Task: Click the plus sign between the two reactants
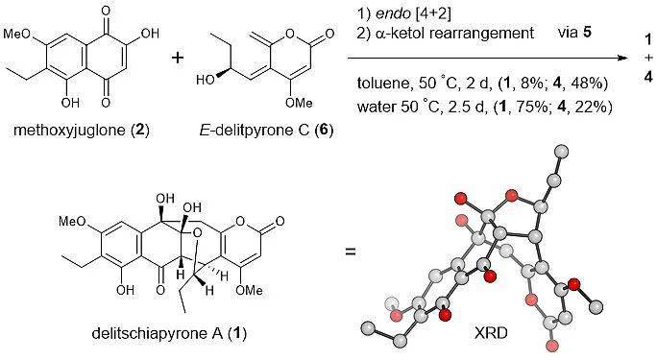(x=178, y=60)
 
